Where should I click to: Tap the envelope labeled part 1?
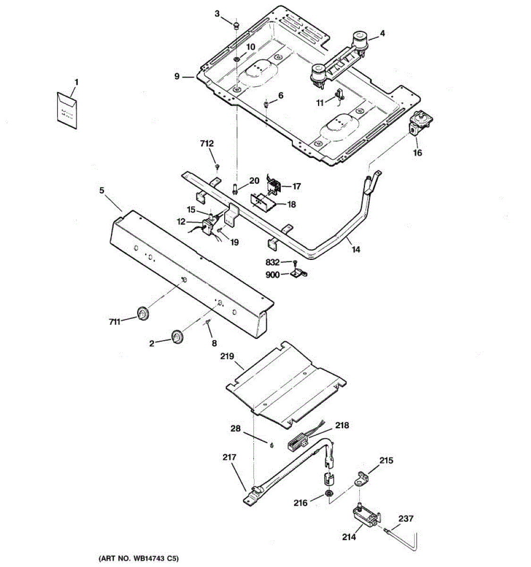tap(67, 110)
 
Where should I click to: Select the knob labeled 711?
tap(142, 313)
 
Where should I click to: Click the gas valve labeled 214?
tap(365, 516)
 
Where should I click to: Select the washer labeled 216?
tap(328, 495)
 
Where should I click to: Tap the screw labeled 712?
tap(217, 166)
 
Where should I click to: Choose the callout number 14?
tap(356, 249)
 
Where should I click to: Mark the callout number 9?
tap(177, 76)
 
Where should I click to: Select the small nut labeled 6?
tap(267, 103)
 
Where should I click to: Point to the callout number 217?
tap(230, 457)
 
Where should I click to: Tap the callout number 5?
tap(102, 190)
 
